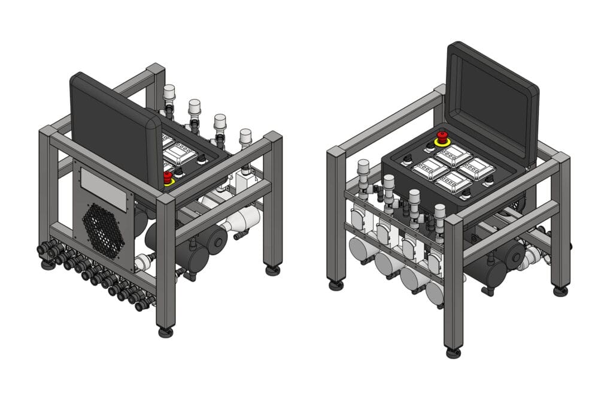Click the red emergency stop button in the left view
(168, 177)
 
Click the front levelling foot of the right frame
(453, 352)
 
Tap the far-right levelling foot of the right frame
(560, 291)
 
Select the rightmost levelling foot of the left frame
(273, 270)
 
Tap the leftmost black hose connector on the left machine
(44, 248)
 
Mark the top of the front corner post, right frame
(453, 220)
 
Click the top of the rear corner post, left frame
(156, 68)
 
